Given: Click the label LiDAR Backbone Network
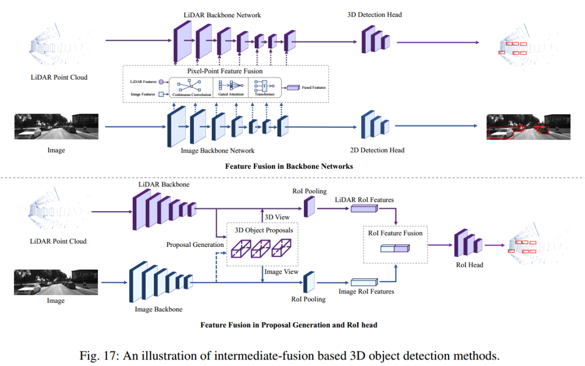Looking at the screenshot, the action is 222,15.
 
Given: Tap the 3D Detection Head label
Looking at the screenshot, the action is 375,15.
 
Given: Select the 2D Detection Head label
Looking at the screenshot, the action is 377,150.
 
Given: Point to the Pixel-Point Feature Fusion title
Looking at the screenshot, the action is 225,71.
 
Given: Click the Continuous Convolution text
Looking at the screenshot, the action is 192,95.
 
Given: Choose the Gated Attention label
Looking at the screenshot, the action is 231,94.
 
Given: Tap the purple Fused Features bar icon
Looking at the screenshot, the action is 293,88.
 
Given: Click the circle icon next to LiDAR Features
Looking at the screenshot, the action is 161,82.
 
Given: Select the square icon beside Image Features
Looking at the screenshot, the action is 161,94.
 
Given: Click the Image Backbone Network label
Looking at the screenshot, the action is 218,151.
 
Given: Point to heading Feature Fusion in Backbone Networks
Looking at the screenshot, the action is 289,166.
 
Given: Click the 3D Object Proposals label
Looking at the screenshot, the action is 264,230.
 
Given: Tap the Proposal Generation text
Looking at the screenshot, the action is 195,245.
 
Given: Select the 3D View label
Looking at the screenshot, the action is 277,217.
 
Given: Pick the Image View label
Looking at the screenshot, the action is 281,272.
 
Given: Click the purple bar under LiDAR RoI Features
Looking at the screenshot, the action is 365,208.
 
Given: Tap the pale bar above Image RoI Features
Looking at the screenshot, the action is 365,282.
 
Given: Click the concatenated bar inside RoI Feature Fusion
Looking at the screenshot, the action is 395,248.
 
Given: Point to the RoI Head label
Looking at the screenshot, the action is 469,265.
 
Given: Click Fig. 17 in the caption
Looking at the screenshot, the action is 99,356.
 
